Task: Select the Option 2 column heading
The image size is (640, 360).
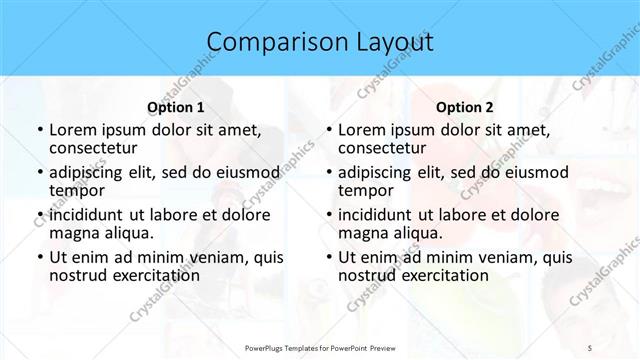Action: point(465,106)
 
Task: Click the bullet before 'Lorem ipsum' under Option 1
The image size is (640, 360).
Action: point(39,130)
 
